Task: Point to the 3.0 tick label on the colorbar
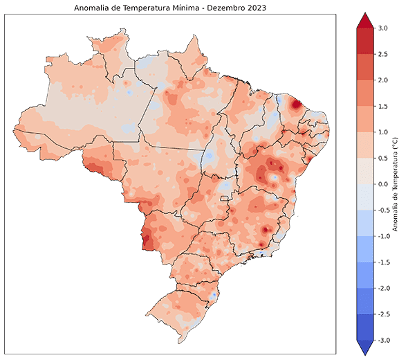[383, 28]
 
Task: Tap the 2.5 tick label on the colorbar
[383, 54]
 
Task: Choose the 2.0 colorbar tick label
[383, 80]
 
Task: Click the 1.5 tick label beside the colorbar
[383, 106]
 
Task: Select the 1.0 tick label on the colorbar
[383, 132]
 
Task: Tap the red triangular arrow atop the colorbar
[364, 21]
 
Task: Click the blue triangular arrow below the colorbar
[364, 347]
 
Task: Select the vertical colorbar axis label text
[395, 184]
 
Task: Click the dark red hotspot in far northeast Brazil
[296, 105]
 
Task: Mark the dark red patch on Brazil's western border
[147, 239]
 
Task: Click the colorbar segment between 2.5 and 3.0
[364, 41]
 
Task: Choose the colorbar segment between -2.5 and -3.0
[364, 327]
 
